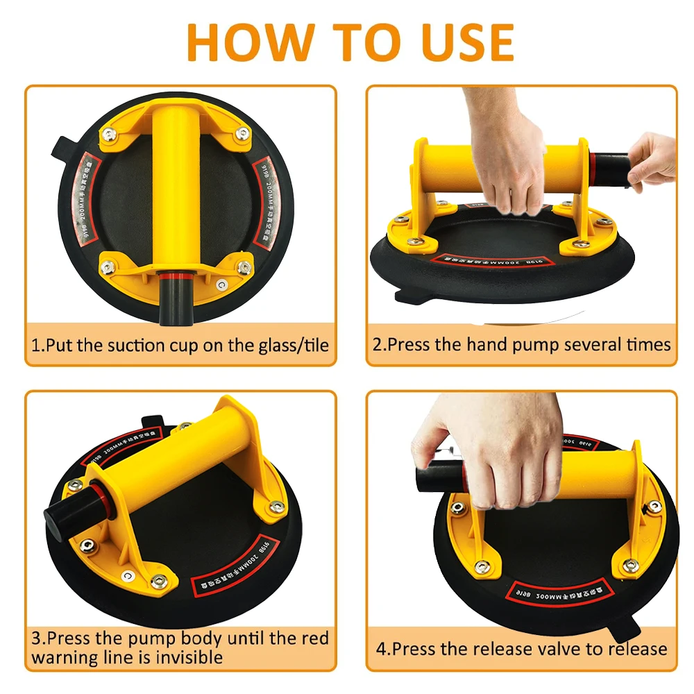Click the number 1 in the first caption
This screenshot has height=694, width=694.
click(x=35, y=345)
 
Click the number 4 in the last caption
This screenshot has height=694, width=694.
click(x=380, y=649)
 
